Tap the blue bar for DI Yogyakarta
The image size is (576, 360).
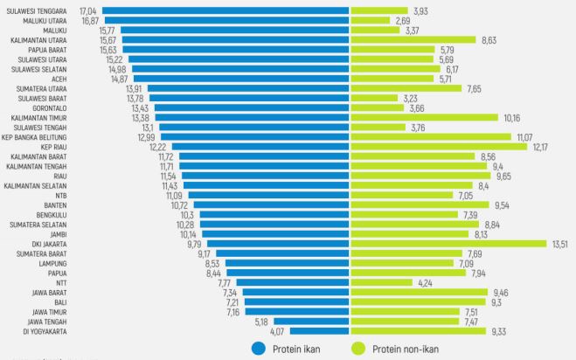(x=319, y=331)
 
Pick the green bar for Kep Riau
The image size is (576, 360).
(x=438, y=147)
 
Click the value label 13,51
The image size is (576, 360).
(x=559, y=244)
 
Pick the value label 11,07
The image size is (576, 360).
(x=524, y=137)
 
